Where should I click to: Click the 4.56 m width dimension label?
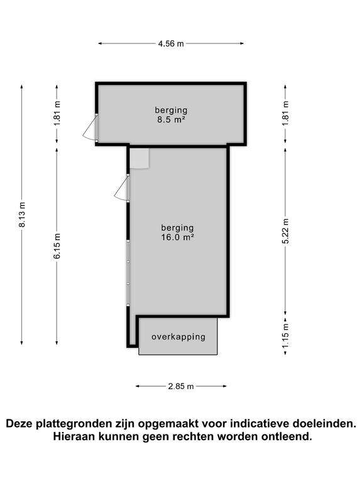pyautogui.click(x=171, y=43)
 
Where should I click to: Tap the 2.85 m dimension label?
pyautogui.click(x=182, y=386)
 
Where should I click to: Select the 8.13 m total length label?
pyautogui.click(x=22, y=214)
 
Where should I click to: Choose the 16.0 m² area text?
pyautogui.click(x=177, y=237)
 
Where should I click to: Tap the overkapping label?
pyautogui.click(x=178, y=336)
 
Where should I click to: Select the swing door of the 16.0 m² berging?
pyautogui.click(x=123, y=189)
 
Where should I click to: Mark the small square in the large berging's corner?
pyautogui.click(x=139, y=158)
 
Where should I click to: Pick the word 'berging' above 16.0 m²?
pyautogui.click(x=177, y=228)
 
